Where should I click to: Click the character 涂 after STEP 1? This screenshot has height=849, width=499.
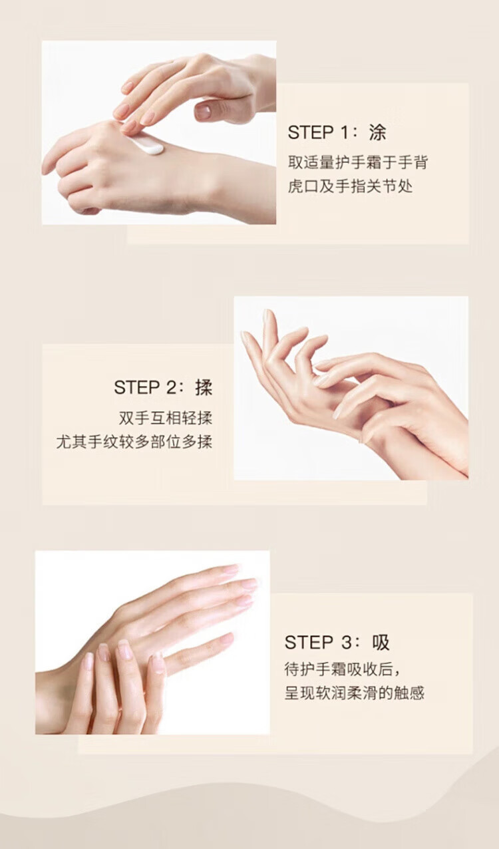coord(377,132)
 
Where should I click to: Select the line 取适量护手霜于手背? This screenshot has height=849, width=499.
coord(358,163)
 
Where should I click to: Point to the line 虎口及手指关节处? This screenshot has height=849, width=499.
coord(350,186)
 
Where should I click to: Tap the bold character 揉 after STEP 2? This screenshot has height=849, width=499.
coord(204,387)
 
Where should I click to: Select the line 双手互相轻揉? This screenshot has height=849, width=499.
coord(166,418)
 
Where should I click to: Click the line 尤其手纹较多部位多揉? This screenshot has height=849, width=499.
coord(134,442)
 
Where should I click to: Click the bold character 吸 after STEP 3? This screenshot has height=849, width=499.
coord(380,643)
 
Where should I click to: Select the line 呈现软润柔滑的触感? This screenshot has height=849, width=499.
coord(354,693)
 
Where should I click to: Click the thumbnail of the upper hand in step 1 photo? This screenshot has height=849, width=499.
coord(204,110)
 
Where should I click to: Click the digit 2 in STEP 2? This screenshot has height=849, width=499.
coord(170,387)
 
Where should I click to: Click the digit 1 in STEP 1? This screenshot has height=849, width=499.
coord(344,132)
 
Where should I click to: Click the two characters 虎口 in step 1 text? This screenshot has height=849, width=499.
coord(303,186)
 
